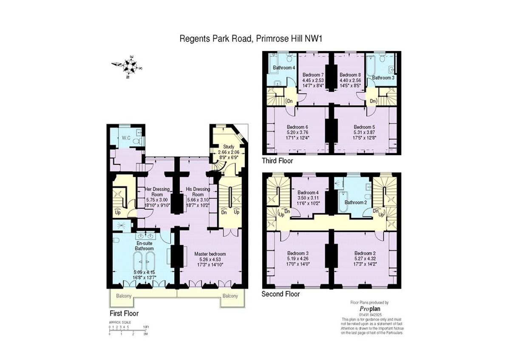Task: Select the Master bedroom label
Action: (x=210, y=254)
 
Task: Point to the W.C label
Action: (x=126, y=138)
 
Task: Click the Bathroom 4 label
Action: (x=283, y=68)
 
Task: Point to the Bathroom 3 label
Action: (x=383, y=77)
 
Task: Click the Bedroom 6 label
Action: (x=297, y=127)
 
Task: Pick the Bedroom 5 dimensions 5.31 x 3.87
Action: (x=365, y=132)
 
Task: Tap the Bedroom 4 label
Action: (x=308, y=192)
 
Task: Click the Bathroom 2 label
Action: (x=355, y=202)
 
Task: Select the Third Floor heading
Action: (x=278, y=161)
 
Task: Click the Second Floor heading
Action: (x=280, y=294)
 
